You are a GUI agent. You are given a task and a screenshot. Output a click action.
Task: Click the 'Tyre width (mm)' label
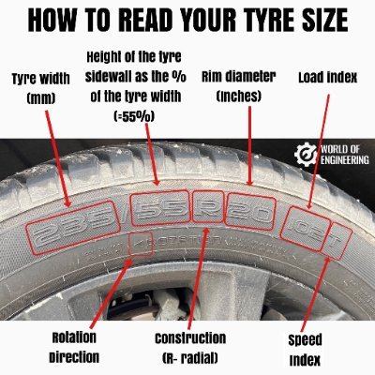click(x=41, y=88)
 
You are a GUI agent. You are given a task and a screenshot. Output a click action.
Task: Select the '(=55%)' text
click(x=134, y=117)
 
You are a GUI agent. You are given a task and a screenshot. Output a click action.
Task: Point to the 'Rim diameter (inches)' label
click(x=239, y=86)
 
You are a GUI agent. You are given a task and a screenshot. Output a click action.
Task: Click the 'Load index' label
click(x=327, y=78)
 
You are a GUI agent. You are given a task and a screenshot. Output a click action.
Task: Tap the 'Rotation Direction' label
click(x=74, y=348)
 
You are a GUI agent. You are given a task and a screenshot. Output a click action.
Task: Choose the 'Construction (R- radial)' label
click(x=190, y=348)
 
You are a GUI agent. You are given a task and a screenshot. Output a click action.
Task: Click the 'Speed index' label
click(x=305, y=350)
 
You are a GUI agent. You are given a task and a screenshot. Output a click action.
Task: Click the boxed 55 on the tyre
click(x=160, y=208)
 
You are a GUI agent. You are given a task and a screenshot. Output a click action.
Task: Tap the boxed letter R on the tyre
click(x=208, y=206)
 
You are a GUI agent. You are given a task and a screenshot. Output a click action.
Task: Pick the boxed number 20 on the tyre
click(x=250, y=211)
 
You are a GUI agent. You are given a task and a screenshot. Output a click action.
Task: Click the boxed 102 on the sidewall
click(x=306, y=229)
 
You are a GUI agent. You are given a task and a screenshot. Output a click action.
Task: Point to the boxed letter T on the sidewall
click(x=337, y=241)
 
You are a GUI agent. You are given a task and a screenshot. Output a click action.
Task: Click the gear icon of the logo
click(x=307, y=155)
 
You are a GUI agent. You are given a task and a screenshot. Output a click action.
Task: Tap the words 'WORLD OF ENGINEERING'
click(x=345, y=155)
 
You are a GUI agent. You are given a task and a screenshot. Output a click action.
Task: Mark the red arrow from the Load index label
click(x=319, y=152)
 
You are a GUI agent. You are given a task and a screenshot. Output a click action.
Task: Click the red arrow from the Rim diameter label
click(x=249, y=145)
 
